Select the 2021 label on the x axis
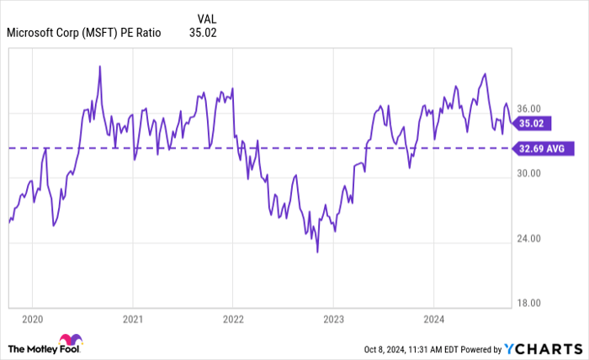tap(132, 319)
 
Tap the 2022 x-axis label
tap(232, 319)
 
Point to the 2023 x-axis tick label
tap(332, 319)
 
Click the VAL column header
tap(206, 18)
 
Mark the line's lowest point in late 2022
tap(317, 251)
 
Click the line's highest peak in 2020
tap(100, 66)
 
